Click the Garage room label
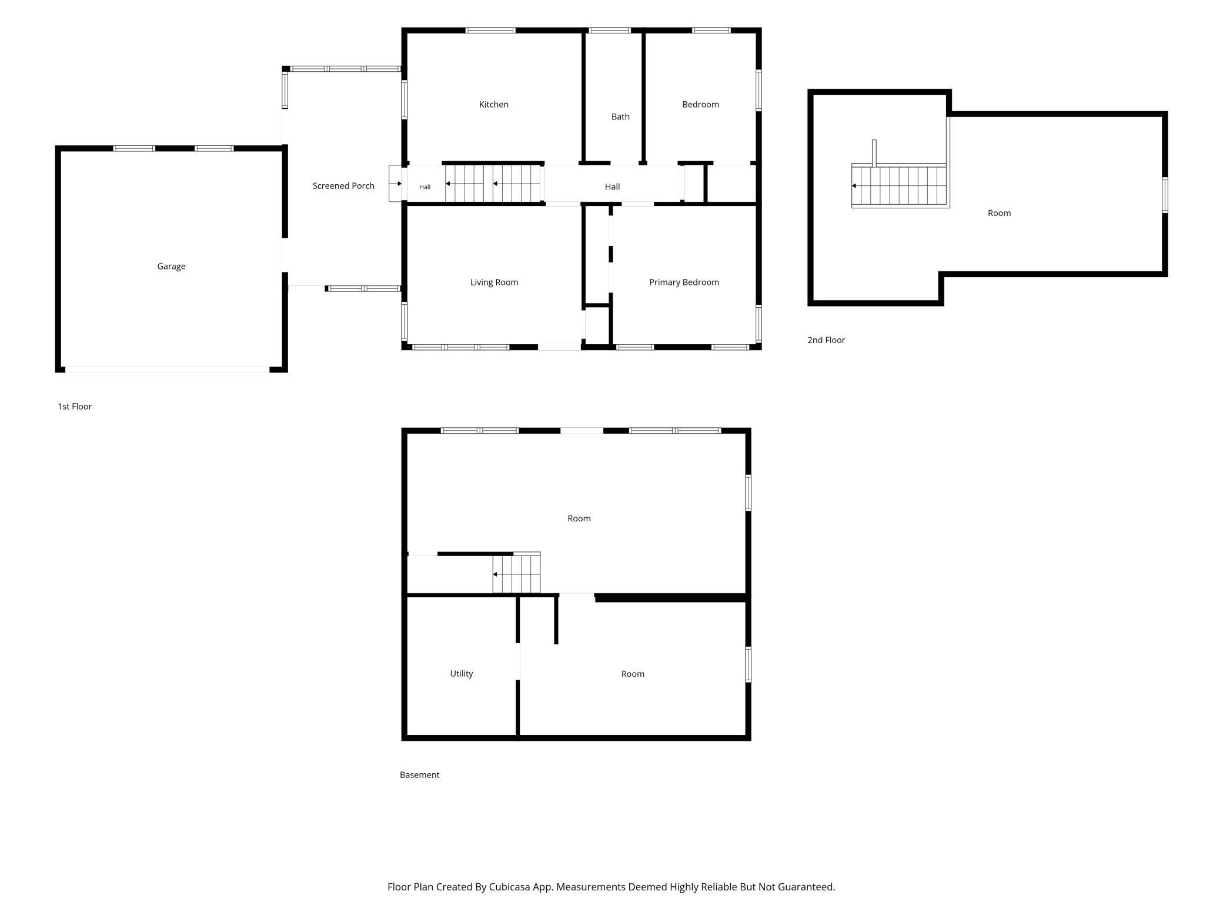[171, 267]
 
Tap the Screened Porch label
[343, 186]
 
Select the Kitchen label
[494, 105]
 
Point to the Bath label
[620, 117]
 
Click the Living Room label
[494, 282]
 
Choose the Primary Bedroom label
[684, 282]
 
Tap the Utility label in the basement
[462, 674]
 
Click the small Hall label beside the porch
[425, 187]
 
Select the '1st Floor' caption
[75, 407]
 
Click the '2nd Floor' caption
[826, 340]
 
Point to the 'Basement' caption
[419, 775]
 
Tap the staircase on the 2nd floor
[900, 186]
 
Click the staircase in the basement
[516, 574]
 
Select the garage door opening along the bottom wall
[167, 370]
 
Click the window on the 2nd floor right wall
[1164, 195]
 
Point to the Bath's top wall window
[610, 30]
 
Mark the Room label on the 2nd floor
[999, 213]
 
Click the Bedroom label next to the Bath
[700, 105]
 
